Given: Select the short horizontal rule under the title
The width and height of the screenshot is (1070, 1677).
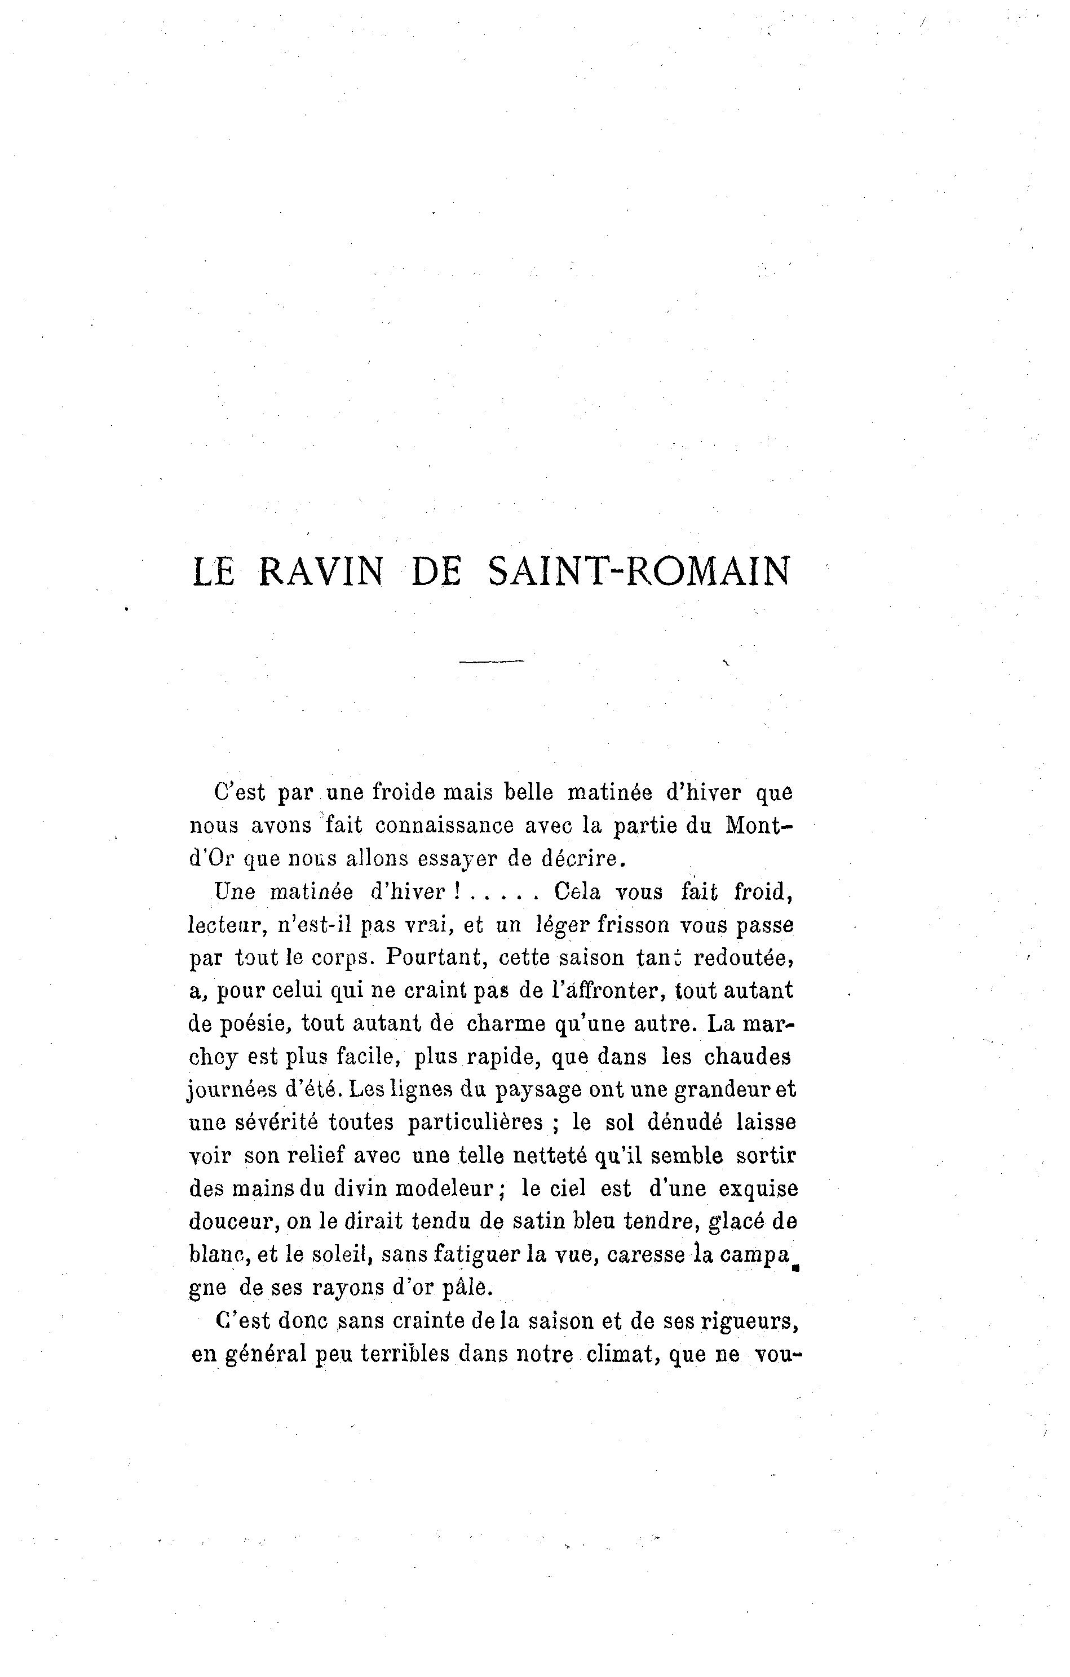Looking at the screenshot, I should [491, 661].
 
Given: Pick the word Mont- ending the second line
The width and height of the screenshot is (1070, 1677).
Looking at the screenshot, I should [759, 826].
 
